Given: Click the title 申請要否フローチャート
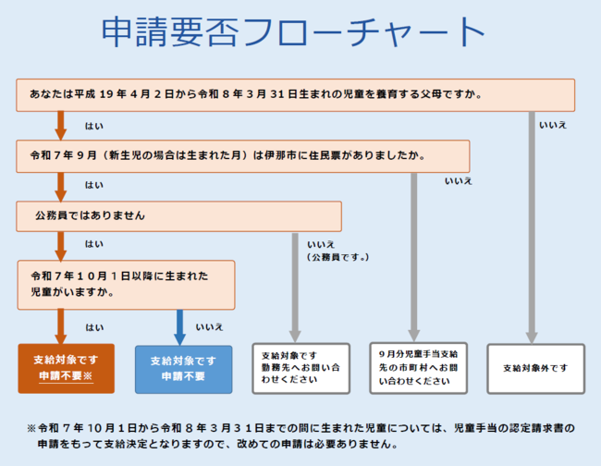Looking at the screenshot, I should click(x=293, y=32).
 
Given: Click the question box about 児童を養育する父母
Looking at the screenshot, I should click(x=295, y=94).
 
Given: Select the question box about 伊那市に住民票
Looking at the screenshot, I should click(x=242, y=155).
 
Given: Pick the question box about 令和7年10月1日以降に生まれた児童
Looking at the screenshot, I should click(x=126, y=284).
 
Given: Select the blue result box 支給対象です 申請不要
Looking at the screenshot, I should click(x=183, y=369).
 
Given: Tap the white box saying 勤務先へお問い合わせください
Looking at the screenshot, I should click(x=300, y=368).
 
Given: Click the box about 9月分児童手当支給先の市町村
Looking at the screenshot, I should click(x=418, y=368).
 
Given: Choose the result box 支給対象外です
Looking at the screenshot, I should click(x=535, y=368).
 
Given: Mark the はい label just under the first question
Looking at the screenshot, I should click(x=93, y=125).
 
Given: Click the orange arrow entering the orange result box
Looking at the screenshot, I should click(x=61, y=326).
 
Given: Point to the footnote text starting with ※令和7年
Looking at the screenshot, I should click(x=301, y=436).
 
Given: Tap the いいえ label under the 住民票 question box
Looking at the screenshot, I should click(x=459, y=181).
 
